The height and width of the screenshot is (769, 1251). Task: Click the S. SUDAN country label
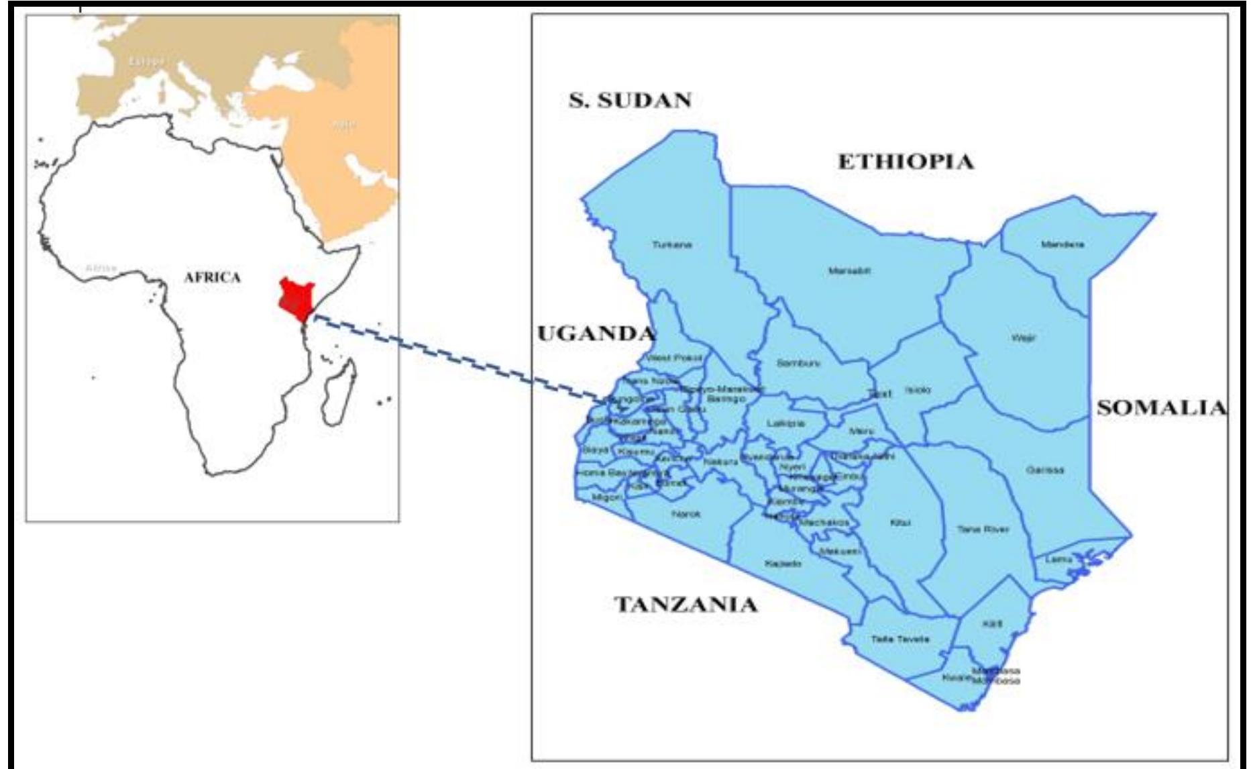[630, 101]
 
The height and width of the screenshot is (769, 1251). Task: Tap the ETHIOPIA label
[906, 162]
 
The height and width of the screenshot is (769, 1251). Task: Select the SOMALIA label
[1161, 408]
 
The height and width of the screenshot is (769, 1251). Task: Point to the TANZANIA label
[686, 605]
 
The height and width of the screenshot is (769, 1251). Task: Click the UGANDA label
[596, 334]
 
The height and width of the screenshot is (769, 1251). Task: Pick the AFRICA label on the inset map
[212, 277]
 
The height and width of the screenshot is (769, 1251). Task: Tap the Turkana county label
[672, 245]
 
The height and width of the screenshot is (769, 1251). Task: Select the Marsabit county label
[849, 271]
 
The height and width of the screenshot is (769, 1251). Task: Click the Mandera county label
[1063, 244]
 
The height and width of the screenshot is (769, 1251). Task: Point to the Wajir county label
[1024, 338]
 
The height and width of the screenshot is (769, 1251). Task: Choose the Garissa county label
[1044, 470]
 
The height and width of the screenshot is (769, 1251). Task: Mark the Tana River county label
[983, 529]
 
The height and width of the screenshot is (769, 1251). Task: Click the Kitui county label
[900, 523]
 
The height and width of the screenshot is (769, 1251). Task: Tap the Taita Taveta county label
[900, 639]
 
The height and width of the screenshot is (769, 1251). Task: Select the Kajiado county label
[783, 564]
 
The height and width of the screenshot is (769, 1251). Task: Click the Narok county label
[686, 514]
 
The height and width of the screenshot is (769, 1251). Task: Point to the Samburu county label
[798, 363]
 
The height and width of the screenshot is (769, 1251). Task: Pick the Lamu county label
[1058, 559]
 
